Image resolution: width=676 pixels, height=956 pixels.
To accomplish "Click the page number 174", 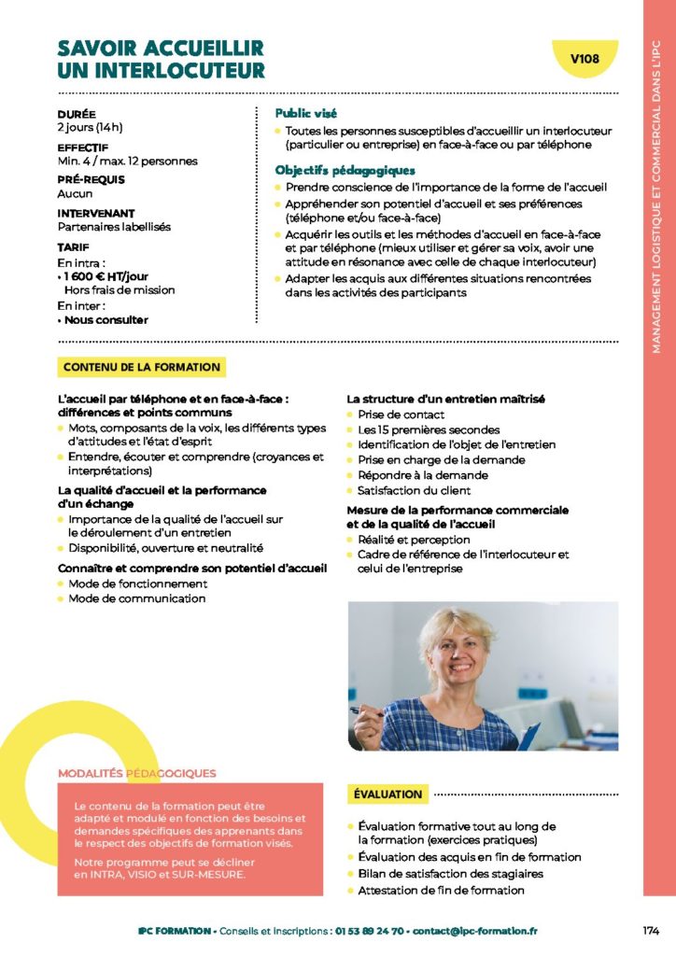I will [651, 931].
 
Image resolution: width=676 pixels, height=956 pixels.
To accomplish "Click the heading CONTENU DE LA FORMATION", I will [142, 368].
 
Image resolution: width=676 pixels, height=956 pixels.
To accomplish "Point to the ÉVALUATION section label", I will [388, 794].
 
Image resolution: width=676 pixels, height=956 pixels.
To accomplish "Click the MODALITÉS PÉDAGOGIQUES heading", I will [137, 773].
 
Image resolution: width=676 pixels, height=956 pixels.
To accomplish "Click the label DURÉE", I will [77, 114].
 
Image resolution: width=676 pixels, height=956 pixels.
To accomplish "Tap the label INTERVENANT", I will [96, 213].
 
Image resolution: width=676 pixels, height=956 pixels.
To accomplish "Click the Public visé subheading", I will [306, 113].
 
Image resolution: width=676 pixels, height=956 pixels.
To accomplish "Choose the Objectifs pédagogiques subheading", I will [345, 170].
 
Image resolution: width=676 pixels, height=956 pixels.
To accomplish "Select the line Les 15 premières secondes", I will [415, 429].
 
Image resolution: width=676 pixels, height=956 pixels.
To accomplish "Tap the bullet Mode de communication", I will [136, 598].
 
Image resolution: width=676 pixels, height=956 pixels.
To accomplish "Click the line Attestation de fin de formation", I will [441, 890].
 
